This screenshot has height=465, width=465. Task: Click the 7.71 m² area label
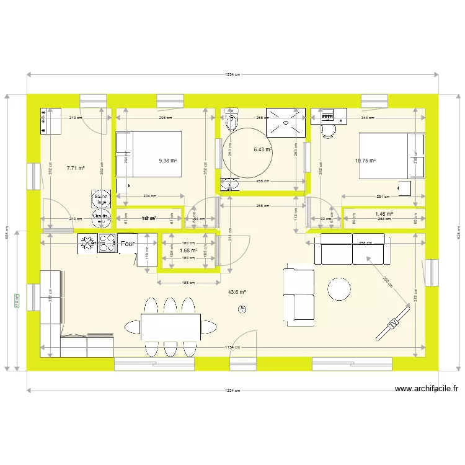[x=76, y=167]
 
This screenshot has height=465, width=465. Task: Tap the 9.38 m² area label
[x=167, y=161]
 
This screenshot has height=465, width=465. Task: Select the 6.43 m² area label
[x=263, y=149]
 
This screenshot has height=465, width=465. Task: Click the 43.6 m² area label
[x=237, y=292]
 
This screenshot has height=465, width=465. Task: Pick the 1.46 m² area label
[x=384, y=214]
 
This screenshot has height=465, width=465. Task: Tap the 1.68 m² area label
[x=188, y=250]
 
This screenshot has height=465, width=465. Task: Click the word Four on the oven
[x=128, y=244]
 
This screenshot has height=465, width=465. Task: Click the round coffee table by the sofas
[x=340, y=288]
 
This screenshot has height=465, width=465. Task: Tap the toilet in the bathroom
[x=232, y=117]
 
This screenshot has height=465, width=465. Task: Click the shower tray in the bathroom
[x=285, y=122]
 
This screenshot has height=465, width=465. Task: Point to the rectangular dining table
[x=170, y=326]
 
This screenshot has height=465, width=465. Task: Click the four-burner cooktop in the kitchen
[x=107, y=242]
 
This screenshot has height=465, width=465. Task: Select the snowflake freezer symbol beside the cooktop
[x=86, y=242]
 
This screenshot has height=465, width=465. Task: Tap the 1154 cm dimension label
[x=232, y=348]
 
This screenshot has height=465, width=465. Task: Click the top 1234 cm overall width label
[x=232, y=74]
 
